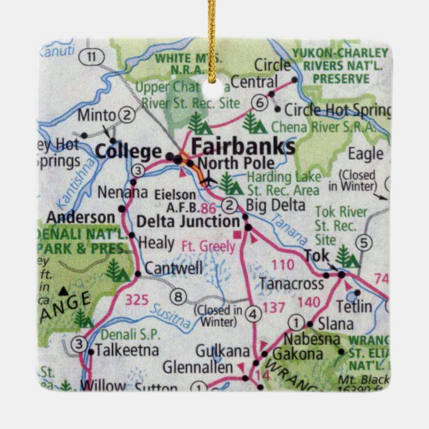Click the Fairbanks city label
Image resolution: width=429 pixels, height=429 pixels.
click(x=242, y=147)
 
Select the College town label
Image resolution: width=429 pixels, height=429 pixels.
click(x=129, y=151)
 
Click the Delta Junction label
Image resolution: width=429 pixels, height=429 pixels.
click(x=187, y=221)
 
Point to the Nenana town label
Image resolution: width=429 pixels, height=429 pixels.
click(x=122, y=193)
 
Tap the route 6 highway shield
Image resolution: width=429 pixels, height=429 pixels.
click(x=260, y=102)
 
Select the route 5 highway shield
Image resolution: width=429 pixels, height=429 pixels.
click(x=363, y=242)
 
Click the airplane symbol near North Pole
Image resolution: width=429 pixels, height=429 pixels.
click(x=208, y=179)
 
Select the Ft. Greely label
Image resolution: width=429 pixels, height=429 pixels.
click(x=207, y=244)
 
